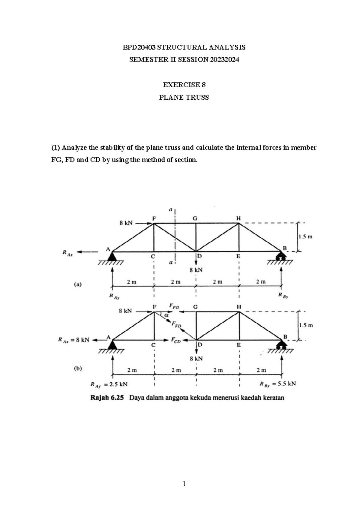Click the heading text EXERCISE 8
click(184, 85)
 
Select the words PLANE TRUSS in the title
click(184, 98)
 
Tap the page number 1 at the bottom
click(184, 483)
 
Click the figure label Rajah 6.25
click(107, 398)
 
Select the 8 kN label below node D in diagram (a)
click(196, 270)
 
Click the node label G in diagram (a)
click(195, 218)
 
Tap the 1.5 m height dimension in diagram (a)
click(305, 237)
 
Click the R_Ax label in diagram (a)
click(67, 253)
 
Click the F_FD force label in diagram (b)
click(176, 324)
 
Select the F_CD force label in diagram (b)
click(175, 340)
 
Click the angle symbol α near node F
click(166, 315)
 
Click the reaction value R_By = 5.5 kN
click(277, 384)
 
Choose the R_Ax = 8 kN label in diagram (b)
click(73, 340)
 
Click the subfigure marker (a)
click(78, 284)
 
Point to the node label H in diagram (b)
click(239, 307)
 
